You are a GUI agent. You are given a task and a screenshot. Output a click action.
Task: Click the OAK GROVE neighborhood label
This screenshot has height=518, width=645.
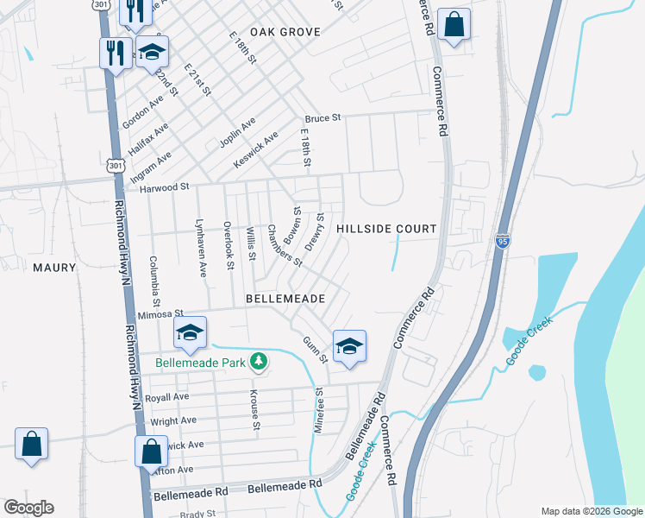(285, 32)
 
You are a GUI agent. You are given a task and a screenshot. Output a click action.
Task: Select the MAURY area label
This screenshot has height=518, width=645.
(54, 268)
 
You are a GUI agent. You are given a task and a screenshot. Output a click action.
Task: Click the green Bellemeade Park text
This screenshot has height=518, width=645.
(200, 363)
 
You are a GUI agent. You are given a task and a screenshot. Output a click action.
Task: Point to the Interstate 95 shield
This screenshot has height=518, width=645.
(504, 240)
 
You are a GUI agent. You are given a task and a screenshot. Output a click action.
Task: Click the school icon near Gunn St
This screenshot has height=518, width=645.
(349, 347)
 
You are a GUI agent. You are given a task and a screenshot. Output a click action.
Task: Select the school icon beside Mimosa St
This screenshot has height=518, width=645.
(191, 332)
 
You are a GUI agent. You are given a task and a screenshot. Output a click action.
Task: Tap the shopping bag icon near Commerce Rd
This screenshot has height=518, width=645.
(454, 25)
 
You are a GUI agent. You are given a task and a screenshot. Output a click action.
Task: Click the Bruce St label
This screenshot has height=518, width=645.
(323, 118)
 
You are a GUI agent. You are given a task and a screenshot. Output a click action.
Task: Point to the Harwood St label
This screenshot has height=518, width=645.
(159, 186)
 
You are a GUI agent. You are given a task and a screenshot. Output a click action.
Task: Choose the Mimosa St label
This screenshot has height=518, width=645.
(161, 314)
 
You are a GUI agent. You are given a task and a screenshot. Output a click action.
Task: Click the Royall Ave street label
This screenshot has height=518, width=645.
(169, 397)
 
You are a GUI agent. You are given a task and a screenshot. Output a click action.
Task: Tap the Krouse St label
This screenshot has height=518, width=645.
(255, 408)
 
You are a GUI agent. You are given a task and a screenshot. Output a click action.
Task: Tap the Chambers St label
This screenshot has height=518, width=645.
(283, 245)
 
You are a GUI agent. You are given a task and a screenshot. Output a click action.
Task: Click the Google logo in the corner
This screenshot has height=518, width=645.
(28, 507)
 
